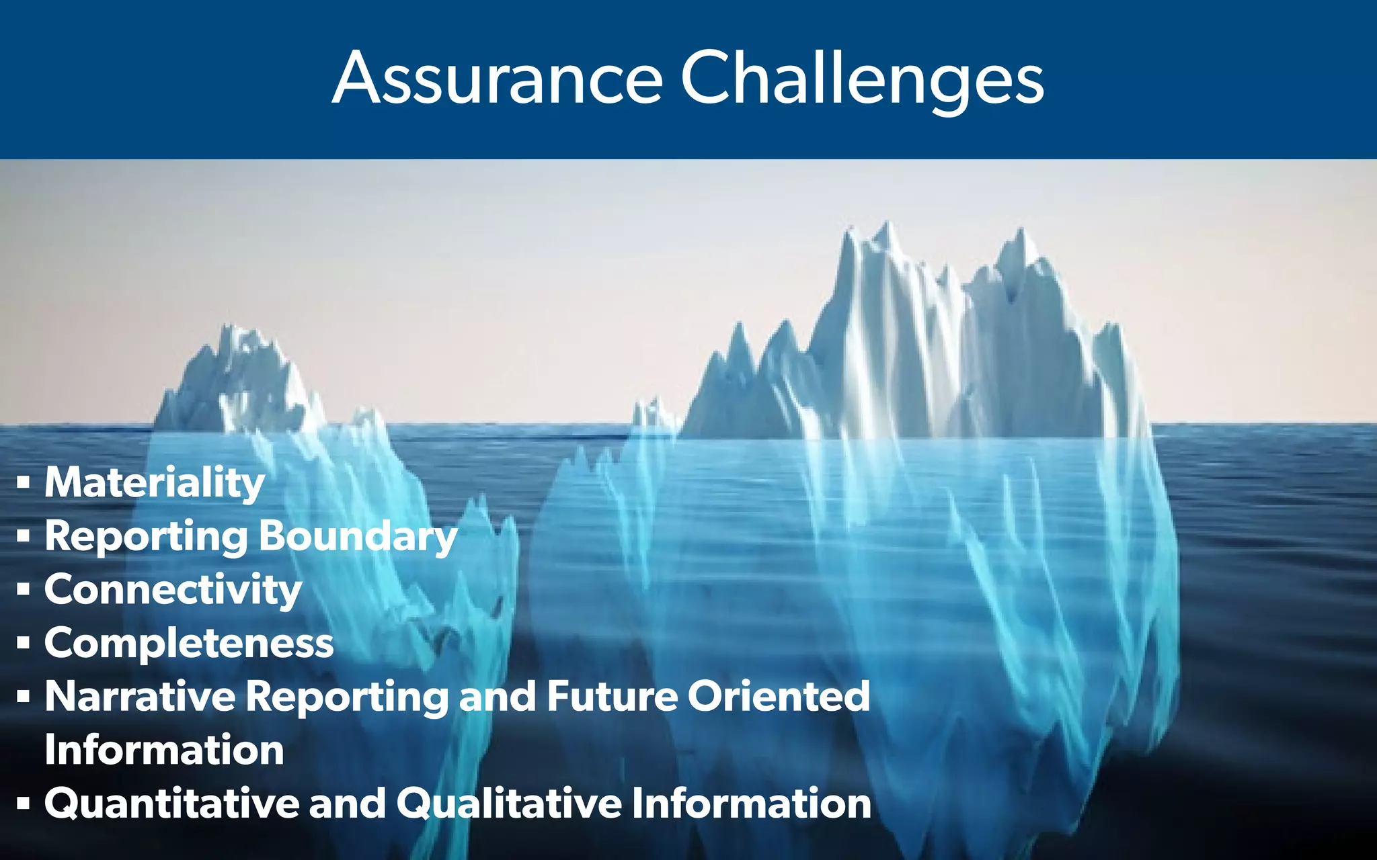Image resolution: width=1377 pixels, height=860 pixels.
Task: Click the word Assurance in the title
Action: tap(498, 79)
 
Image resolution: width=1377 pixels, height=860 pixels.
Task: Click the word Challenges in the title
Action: tap(862, 79)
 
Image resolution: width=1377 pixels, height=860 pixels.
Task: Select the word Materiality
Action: tap(155, 482)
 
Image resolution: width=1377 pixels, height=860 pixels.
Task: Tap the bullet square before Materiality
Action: tap(24, 482)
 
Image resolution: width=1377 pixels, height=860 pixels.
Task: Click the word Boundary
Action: tap(358, 536)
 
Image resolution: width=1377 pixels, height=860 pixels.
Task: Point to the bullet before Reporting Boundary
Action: tap(24, 536)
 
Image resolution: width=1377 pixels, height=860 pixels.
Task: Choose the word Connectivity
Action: tap(173, 589)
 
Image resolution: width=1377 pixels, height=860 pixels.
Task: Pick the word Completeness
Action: tap(189, 643)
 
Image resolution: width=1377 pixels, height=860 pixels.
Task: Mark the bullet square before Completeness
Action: tap(24, 643)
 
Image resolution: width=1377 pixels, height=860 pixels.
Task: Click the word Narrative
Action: tap(140, 696)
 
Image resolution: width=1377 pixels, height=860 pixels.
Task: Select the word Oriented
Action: tap(779, 696)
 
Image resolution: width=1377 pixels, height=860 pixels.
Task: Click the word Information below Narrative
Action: tap(164, 750)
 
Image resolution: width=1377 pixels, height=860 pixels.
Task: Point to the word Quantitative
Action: tap(171, 804)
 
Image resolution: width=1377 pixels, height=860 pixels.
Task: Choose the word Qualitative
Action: tap(509, 804)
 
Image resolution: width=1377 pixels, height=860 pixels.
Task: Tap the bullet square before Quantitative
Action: tap(24, 804)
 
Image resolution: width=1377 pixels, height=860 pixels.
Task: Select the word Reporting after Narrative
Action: tap(347, 696)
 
